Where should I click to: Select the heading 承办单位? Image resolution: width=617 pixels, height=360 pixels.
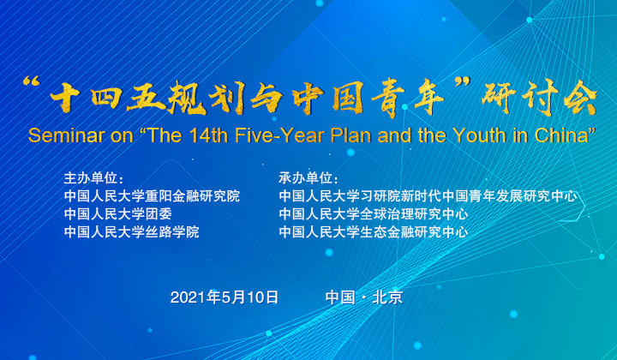(306, 178)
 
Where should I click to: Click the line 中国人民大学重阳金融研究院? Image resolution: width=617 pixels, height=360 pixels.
(152, 196)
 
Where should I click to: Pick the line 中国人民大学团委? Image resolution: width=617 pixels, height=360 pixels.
(118, 214)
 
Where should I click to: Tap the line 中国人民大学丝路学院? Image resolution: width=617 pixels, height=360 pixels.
(131, 231)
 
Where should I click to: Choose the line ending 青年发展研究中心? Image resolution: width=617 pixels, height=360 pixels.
(428, 196)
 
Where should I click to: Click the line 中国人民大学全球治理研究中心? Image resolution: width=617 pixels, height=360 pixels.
(374, 214)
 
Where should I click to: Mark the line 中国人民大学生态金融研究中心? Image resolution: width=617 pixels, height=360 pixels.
(374, 231)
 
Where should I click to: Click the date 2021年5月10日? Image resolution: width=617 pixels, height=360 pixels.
(225, 297)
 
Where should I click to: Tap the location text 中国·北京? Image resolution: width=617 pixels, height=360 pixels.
(364, 297)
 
